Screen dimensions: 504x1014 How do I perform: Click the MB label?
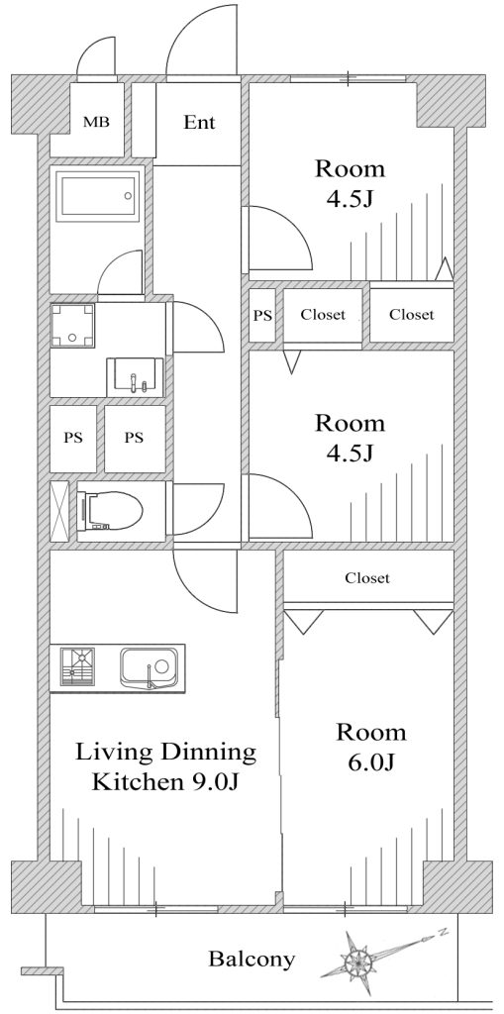pos(95,122)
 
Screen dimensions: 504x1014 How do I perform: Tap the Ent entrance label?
pos(199,122)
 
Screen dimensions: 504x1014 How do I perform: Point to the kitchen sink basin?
pos(148,667)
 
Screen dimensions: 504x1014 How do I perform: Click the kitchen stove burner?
pos(77,666)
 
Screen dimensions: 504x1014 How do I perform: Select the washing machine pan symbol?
pos(72,325)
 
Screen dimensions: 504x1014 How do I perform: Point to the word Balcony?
pos(252,959)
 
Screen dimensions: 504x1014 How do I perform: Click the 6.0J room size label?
pos(371,763)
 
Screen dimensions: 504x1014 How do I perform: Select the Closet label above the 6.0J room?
pos(367,577)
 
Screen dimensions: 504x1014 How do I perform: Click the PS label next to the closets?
pos(262,316)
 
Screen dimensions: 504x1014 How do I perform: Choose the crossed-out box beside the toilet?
pos(59,511)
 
